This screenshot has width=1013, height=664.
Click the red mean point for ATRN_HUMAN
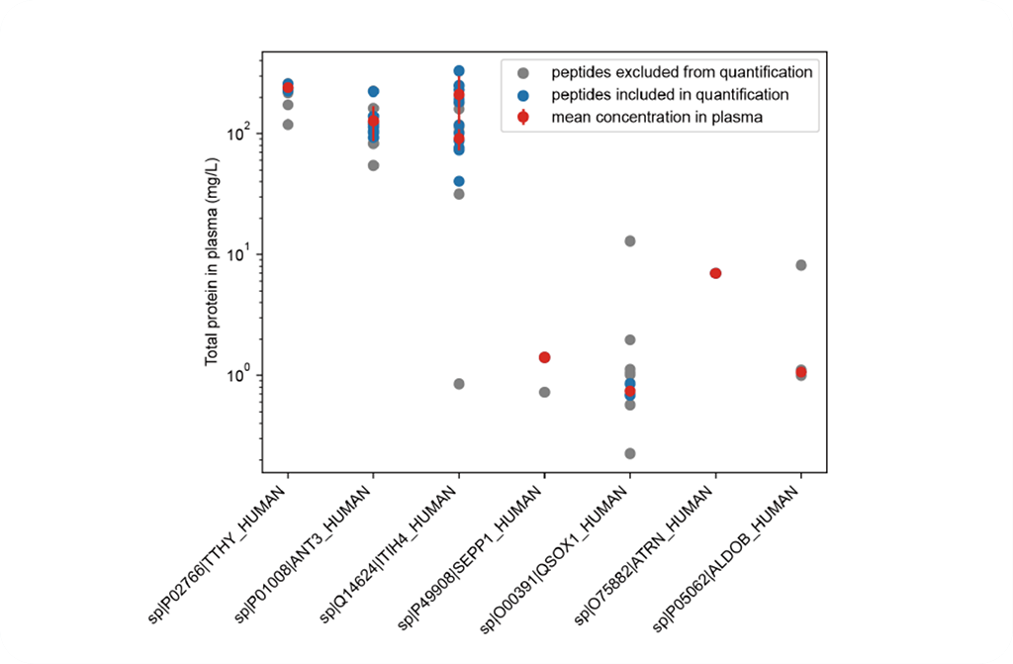715,273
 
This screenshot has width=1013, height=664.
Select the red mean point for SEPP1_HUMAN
544,357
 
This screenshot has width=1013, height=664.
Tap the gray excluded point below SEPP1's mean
544,392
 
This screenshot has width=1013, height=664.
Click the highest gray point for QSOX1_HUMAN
629,240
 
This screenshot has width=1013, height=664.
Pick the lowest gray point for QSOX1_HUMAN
629,453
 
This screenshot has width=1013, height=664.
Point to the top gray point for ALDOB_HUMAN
801,265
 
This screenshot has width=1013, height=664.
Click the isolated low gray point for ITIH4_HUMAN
459,384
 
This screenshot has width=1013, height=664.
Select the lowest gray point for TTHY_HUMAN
288,125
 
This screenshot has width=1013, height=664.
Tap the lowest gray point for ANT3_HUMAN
373,165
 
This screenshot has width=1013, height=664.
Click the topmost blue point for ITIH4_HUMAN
459,71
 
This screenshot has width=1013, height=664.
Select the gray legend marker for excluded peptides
524,72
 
